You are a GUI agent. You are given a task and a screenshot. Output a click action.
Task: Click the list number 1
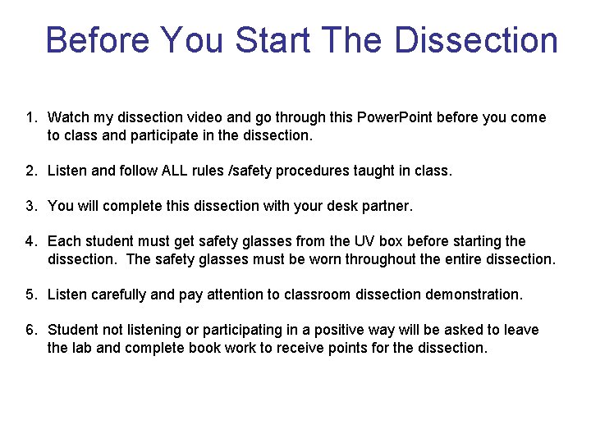pyautogui.click(x=30, y=118)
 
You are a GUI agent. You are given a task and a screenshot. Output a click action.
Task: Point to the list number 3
pyautogui.click(x=30, y=207)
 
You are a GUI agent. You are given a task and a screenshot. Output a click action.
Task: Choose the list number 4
pyautogui.click(x=30, y=242)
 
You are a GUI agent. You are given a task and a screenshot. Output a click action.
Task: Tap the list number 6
pyautogui.click(x=30, y=331)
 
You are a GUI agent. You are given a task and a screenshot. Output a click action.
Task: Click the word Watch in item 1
pyautogui.click(x=67, y=118)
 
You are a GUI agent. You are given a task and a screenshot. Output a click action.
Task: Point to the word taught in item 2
pyautogui.click(x=374, y=171)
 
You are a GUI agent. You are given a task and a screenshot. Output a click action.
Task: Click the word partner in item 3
pyautogui.click(x=385, y=207)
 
